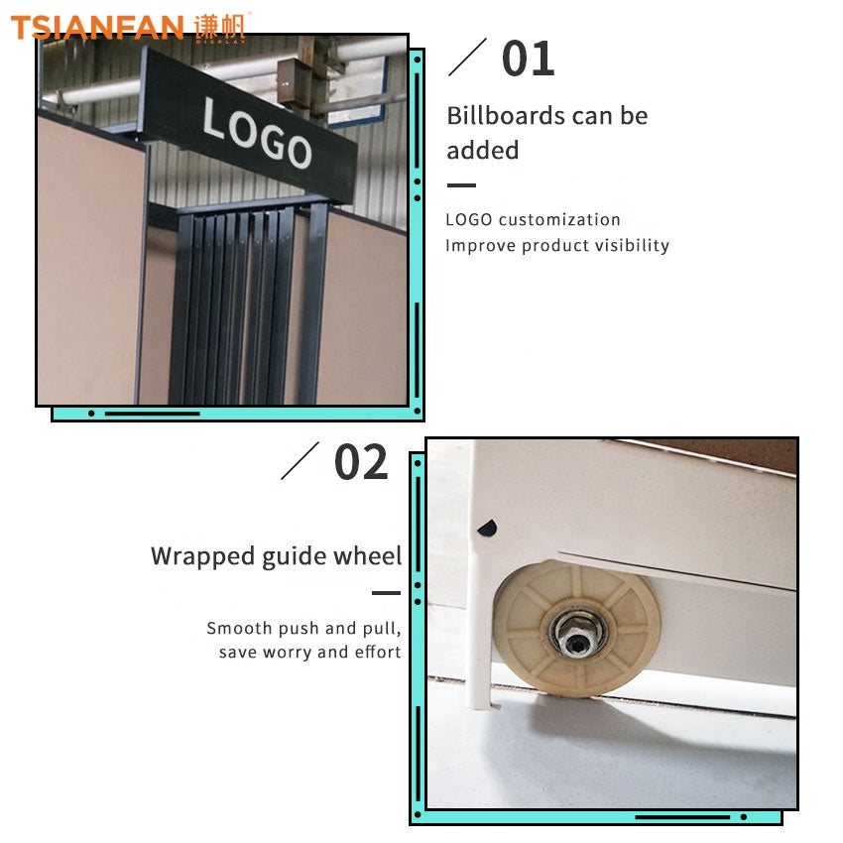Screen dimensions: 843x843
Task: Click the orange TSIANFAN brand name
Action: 97,28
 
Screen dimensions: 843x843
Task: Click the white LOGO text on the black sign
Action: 257,132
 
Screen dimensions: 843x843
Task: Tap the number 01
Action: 528,59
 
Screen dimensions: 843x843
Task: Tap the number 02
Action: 361,462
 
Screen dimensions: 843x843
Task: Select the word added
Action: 483,150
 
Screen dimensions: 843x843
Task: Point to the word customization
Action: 559,219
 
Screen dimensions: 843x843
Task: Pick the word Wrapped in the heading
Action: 202,556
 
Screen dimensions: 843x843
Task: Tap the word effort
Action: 378,652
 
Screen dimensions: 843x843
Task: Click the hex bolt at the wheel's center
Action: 576,640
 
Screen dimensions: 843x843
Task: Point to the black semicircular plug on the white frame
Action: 487,528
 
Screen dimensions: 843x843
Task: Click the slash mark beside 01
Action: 467,57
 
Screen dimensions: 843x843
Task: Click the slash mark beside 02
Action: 300,461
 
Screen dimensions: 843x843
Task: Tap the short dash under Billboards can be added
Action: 461,185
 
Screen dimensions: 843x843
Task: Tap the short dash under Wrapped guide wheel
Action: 386,593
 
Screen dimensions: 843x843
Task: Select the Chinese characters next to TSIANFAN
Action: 219,27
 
